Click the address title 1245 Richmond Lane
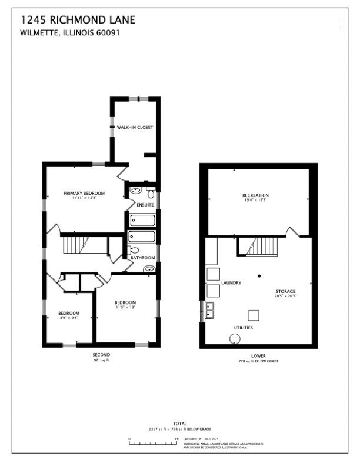tap(78, 21)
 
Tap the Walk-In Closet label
tap(135, 127)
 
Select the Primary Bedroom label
tap(85, 193)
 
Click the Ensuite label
tap(145, 205)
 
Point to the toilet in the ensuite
tap(151, 192)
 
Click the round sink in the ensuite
tap(135, 191)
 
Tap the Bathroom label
tap(143, 258)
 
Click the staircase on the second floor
tap(75, 243)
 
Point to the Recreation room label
tap(255, 195)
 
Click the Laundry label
tap(231, 283)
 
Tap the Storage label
tap(286, 291)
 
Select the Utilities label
tap(244, 327)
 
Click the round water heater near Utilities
tap(235, 338)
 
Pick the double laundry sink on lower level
tap(209, 309)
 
